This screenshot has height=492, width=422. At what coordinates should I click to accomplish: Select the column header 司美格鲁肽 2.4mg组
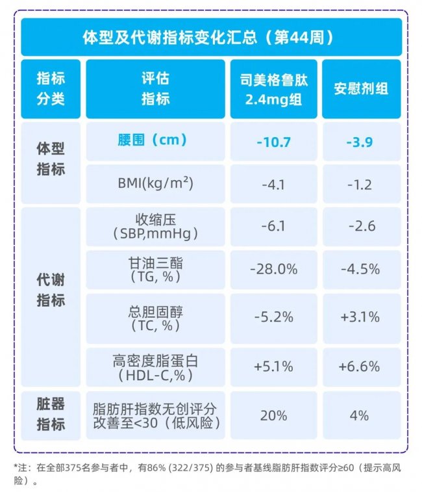point(273,88)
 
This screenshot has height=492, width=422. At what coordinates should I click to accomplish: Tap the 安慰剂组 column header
point(361,88)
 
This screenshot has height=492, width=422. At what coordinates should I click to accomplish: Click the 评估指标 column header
point(155,88)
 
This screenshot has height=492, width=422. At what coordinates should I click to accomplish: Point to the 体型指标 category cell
point(51,159)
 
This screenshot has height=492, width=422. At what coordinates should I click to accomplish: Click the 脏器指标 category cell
point(51,415)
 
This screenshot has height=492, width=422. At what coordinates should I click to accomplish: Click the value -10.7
point(273,142)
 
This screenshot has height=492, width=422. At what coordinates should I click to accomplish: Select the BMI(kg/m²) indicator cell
point(155,184)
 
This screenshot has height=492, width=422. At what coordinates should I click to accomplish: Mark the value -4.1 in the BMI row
point(273,185)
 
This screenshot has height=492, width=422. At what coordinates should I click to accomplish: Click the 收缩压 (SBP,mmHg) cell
point(155,227)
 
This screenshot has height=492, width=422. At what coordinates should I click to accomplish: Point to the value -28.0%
point(273,269)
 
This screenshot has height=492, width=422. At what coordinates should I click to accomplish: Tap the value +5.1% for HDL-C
point(273,367)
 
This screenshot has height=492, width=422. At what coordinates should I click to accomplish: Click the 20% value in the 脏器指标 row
point(273,415)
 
